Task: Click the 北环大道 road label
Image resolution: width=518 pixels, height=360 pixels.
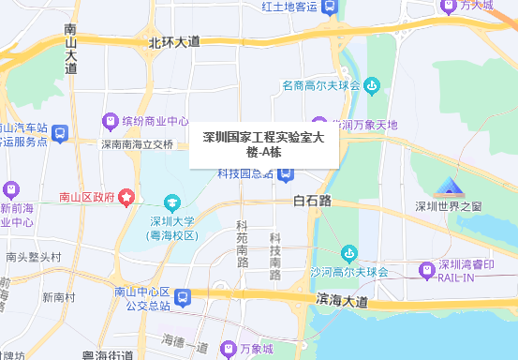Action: (x=174, y=42)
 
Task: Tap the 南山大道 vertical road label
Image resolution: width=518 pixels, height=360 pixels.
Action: (x=71, y=50)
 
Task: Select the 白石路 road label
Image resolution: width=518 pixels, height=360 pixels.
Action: (x=313, y=201)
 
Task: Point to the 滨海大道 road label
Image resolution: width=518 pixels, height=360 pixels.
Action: (x=343, y=302)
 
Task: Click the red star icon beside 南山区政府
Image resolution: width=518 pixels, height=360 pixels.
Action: (x=126, y=197)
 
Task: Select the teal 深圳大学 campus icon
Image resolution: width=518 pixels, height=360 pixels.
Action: (x=172, y=202)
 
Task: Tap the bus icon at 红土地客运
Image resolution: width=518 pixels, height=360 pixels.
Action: (x=329, y=7)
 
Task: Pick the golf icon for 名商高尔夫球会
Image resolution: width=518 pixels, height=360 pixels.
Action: (x=372, y=86)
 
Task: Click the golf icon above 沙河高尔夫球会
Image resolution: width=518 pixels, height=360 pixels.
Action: (x=349, y=253)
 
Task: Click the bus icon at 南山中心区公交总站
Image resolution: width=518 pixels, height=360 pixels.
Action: (x=184, y=298)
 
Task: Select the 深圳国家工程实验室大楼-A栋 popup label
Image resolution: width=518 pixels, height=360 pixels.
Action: (x=263, y=143)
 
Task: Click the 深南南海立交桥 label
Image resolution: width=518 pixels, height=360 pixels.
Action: (x=138, y=144)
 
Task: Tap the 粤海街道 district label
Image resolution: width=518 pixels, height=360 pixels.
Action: (x=108, y=354)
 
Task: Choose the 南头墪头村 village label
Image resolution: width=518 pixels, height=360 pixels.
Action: (x=33, y=256)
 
